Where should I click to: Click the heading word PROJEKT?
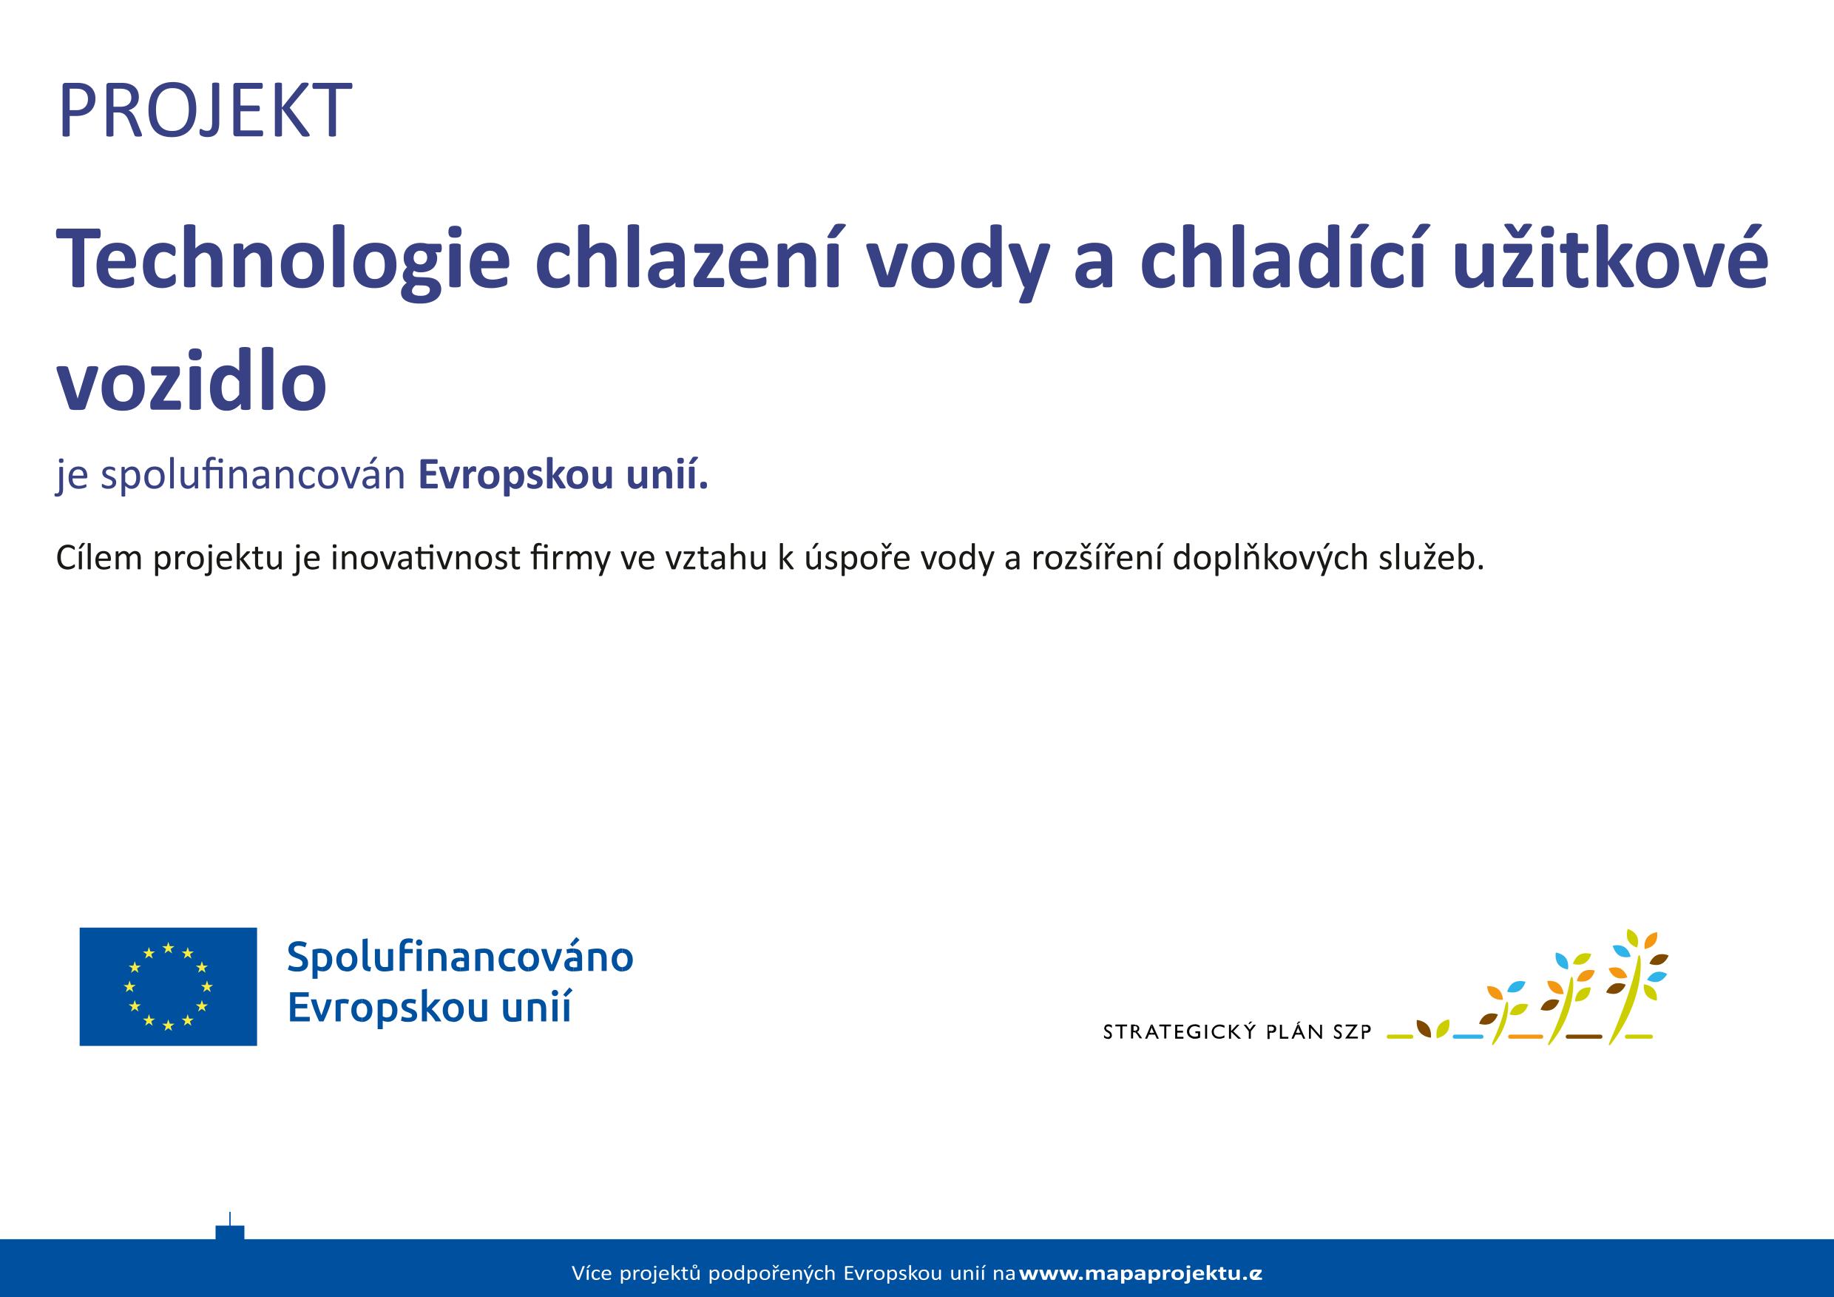click(x=205, y=110)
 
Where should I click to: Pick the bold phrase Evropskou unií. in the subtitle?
click(x=563, y=476)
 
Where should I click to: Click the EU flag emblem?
click(x=168, y=986)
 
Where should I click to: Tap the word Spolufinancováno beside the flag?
click(x=460, y=957)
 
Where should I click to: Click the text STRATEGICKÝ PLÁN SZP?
click(x=1236, y=1032)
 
